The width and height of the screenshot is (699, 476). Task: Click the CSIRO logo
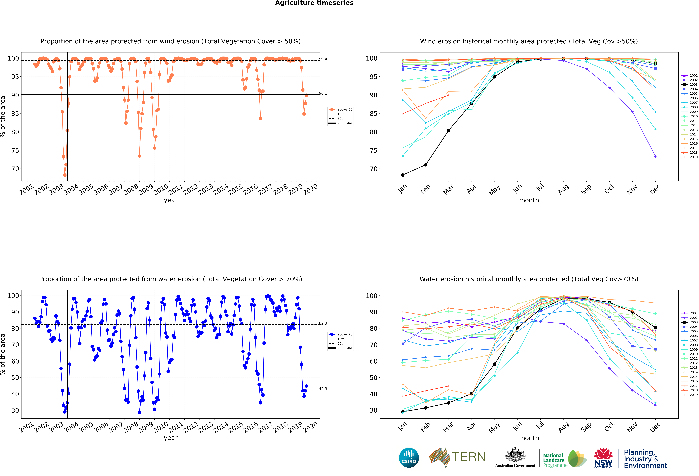[x=409, y=458]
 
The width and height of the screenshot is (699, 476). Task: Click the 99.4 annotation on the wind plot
[x=323, y=59]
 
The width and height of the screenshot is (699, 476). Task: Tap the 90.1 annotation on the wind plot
[x=323, y=93]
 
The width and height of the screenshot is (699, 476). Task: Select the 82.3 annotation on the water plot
[x=323, y=323]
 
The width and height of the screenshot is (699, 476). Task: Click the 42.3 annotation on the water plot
[x=323, y=389]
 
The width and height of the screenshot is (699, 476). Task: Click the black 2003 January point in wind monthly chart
[x=403, y=175]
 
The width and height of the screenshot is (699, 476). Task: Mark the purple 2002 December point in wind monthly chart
[x=655, y=157]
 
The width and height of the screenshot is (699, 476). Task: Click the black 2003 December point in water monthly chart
[x=655, y=328]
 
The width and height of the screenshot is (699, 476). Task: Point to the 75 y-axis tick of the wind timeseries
[x=15, y=151]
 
